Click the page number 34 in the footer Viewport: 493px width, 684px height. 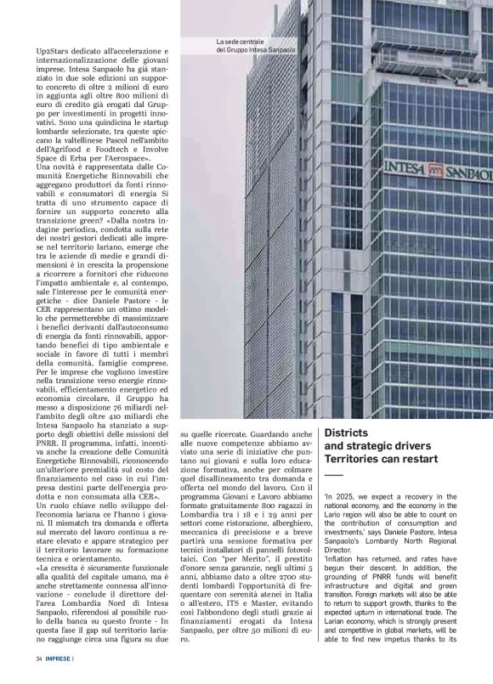[39, 659]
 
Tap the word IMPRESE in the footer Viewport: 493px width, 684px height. [59, 659]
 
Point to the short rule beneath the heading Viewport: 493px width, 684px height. [332, 474]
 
